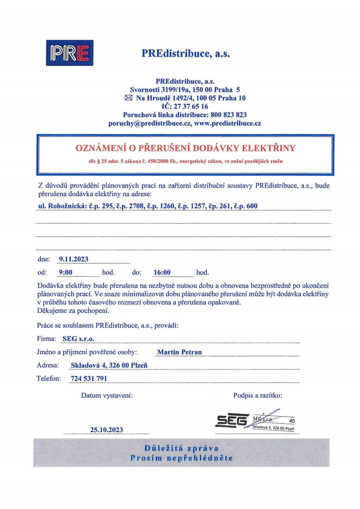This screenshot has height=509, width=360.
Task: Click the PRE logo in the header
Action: click(70, 53)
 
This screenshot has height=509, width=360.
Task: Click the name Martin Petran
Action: click(180, 352)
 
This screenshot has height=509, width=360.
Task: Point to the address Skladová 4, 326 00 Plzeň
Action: click(109, 365)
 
